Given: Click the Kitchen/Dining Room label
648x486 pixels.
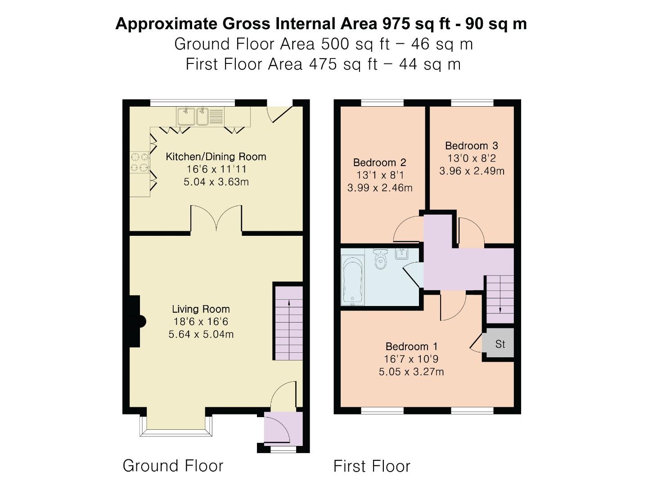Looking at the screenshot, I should [216, 157].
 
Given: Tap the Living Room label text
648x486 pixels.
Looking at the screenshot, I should [201, 309].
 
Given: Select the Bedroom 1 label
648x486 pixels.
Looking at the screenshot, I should [411, 346].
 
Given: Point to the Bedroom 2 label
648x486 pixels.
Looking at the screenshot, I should [380, 162].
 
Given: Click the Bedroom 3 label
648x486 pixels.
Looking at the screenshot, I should [472, 146].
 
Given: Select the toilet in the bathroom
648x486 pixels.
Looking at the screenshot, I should [381, 260].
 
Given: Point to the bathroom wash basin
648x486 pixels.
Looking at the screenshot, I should [401, 254].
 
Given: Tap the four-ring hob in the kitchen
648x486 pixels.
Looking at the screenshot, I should [139, 162].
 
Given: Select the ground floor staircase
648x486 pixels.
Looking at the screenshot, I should [288, 323].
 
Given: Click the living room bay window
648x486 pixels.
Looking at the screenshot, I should [176, 426].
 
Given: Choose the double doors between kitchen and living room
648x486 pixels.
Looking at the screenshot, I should [216, 219].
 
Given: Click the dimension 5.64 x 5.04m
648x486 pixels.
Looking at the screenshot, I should [201, 334].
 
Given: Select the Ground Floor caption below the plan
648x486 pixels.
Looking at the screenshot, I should [173, 466].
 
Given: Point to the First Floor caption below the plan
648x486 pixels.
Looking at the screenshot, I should [372, 466].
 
